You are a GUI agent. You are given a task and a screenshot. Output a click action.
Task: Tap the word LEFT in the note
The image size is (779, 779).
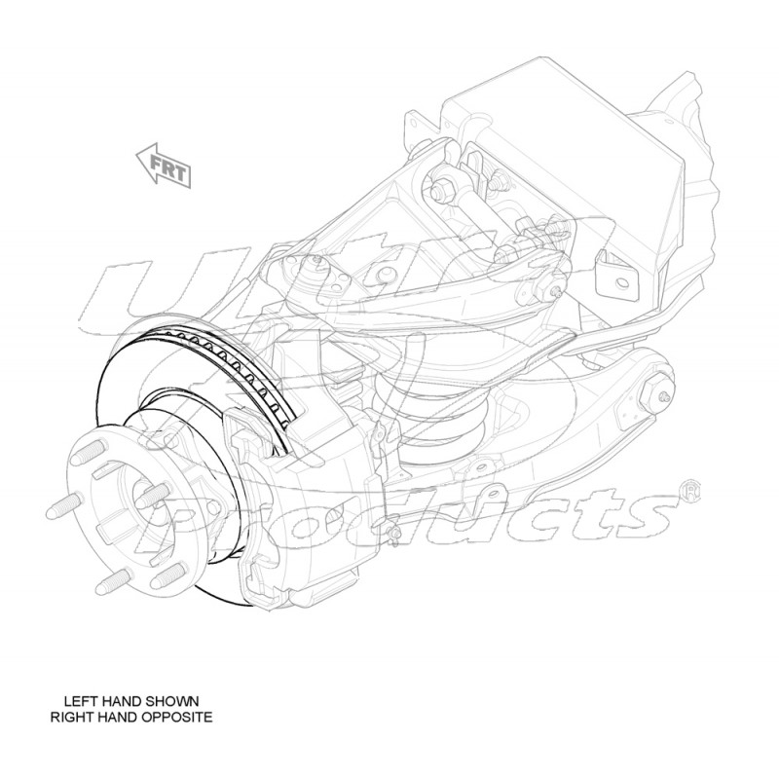pos(82,700)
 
